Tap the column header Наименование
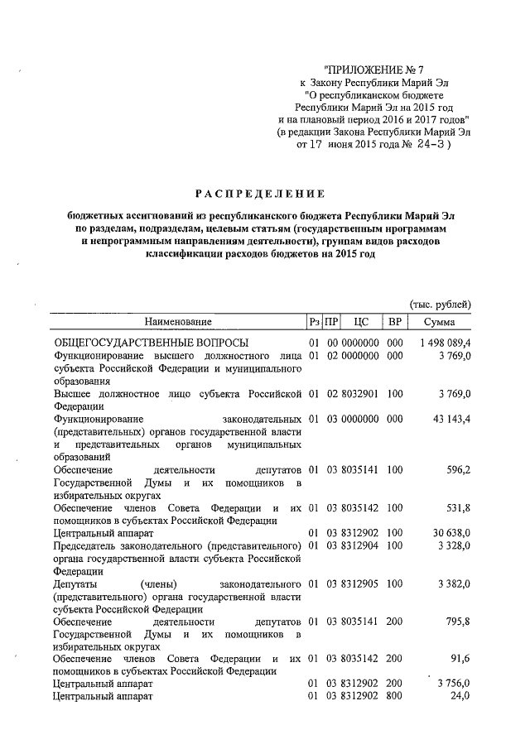(178, 321)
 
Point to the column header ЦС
(360, 321)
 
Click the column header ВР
(394, 321)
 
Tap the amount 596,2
(456, 469)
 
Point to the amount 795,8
(456, 622)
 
